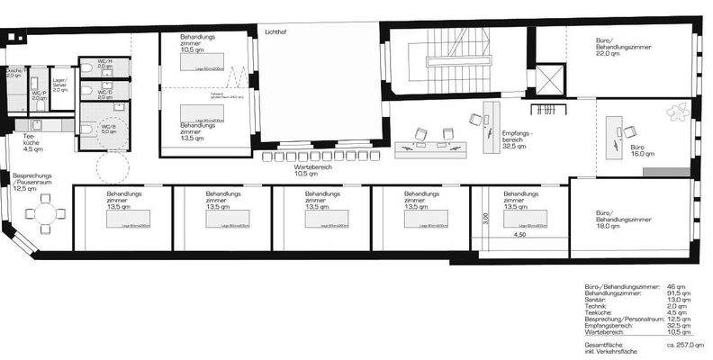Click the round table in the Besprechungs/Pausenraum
coord(46,214)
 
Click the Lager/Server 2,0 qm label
coord(60,85)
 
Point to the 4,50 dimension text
coord(519,235)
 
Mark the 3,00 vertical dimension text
coord(483,218)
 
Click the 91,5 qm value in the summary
coord(679,292)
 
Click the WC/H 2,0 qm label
coord(104,64)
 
